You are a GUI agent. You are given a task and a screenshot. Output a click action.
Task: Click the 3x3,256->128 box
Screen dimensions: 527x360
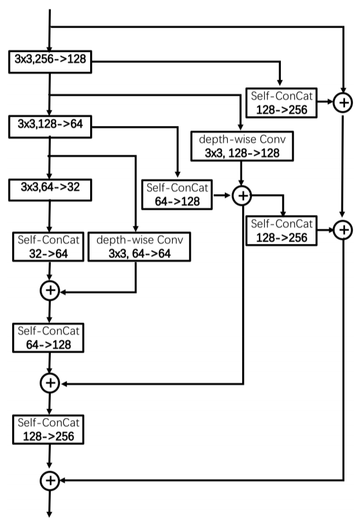point(50,61)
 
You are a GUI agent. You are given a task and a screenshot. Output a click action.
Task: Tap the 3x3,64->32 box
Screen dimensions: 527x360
point(50,189)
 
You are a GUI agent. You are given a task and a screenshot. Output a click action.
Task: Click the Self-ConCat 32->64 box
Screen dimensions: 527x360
point(50,247)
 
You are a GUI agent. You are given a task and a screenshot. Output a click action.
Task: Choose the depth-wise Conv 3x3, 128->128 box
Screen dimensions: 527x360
point(243,146)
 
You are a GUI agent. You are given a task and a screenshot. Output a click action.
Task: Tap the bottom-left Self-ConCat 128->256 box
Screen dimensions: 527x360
point(50,429)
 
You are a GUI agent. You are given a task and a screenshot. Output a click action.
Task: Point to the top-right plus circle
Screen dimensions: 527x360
point(343,103)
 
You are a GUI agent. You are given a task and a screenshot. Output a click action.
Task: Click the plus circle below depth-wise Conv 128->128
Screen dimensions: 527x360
point(243,196)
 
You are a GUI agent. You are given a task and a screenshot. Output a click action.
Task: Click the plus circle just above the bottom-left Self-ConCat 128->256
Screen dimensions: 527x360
point(50,382)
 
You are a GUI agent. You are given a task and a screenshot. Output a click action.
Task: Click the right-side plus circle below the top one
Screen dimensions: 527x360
point(343,229)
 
